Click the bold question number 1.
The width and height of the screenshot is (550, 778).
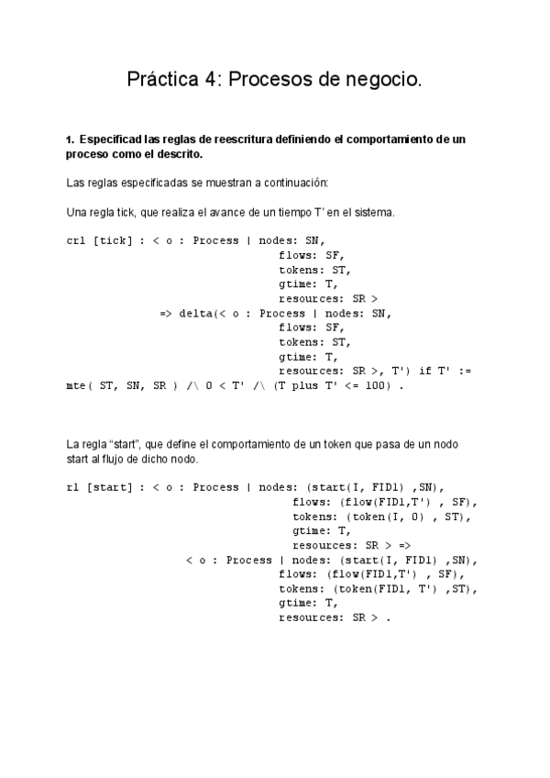pos(70,139)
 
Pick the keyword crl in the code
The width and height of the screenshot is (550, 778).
pos(76,240)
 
